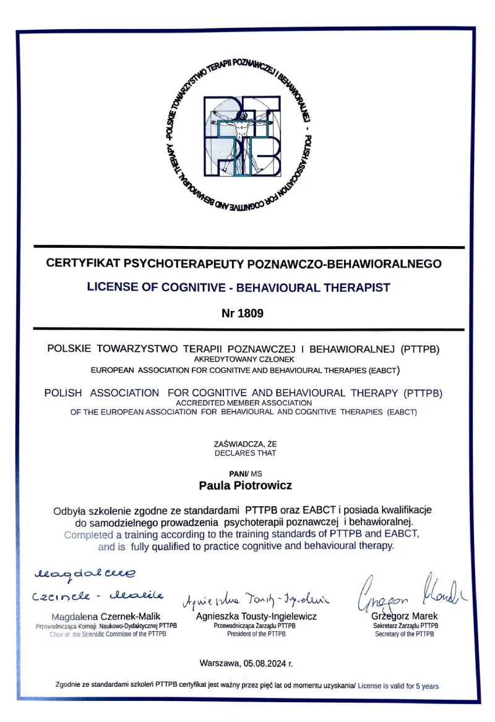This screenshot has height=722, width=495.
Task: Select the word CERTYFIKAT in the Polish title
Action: pos(84,263)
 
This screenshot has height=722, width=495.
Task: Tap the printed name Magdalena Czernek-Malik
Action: pos(106,616)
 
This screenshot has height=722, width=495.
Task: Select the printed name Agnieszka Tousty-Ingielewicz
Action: pos(256,616)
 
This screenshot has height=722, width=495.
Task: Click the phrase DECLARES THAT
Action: pos(246,452)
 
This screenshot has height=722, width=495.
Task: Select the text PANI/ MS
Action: pos(246,473)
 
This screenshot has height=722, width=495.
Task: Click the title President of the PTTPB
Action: pos(256,634)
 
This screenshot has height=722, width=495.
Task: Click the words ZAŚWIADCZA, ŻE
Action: pos(246,444)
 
